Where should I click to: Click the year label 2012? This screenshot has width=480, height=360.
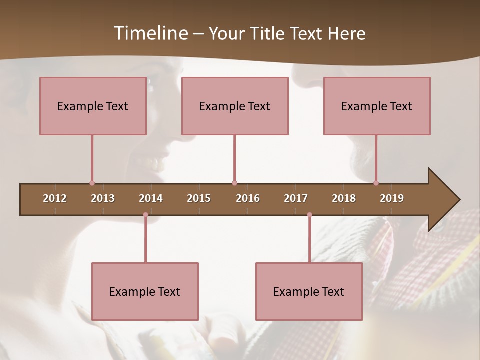coord(55,198)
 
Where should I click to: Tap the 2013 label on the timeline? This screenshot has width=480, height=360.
coord(103,198)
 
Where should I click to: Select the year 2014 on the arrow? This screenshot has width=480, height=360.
coord(151,198)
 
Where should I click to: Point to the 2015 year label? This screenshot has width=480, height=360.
coord(199,198)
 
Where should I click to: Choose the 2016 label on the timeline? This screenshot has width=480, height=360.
coord(248,198)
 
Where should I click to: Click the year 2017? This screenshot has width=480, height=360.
coord(296,198)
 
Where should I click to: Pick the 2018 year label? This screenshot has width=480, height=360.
coord(344,198)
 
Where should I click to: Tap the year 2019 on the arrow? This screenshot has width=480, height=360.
coord(392,198)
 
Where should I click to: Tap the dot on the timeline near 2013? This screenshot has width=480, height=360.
coord(92,183)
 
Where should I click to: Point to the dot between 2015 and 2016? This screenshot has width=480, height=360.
coord(234,183)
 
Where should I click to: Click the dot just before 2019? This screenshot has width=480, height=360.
coord(376,183)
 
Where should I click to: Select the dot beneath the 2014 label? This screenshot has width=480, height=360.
coord(145,215)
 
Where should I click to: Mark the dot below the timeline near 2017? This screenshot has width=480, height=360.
coord(309,215)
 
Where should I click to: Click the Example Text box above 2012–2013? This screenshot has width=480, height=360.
coord(93,106)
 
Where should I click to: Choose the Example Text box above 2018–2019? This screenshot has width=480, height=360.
coord(377,106)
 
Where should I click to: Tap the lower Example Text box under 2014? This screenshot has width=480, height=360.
coord(145,291)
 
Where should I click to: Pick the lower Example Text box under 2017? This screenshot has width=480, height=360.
coord(309,291)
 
